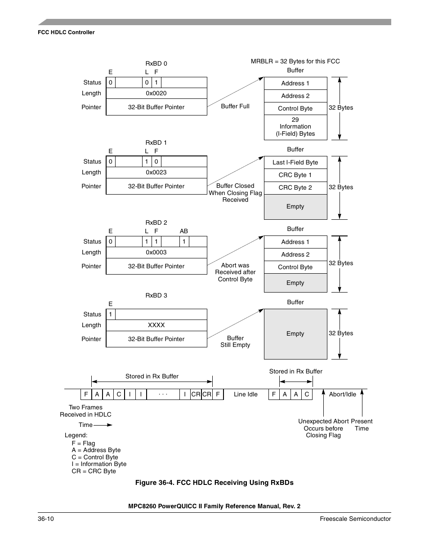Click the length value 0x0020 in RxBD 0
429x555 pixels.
156,93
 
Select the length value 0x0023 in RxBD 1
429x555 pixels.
156,173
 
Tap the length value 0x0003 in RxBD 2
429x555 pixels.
156,253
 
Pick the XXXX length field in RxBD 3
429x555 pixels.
156,325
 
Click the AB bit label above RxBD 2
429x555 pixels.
184,231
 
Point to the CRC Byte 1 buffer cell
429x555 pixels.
295,175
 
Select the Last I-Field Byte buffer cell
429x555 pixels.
295,163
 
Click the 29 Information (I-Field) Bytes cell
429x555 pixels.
295,127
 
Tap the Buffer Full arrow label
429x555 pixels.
235,107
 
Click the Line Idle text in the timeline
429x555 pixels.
246,395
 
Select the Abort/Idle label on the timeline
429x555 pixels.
342,395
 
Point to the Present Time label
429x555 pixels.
362,425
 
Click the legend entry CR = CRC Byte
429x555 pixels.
94,471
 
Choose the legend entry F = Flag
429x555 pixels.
83,444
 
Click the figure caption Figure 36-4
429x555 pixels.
214,483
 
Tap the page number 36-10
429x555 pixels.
46,519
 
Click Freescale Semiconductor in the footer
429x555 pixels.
355,519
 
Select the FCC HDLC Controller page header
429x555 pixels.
66,32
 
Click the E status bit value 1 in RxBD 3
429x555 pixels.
111,315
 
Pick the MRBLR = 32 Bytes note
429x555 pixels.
295,62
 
